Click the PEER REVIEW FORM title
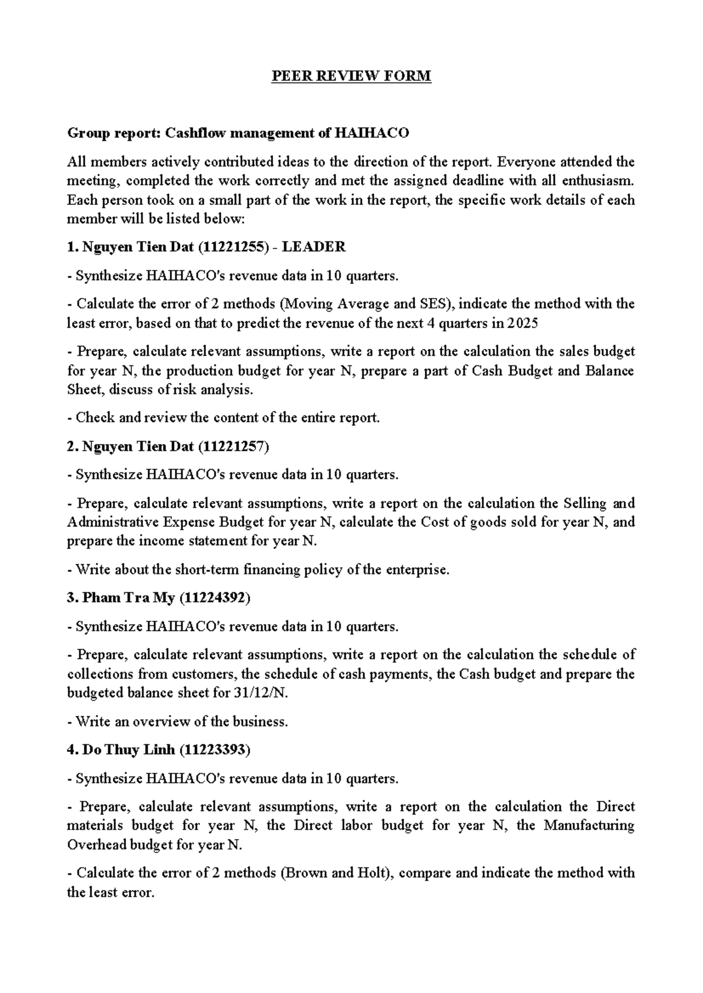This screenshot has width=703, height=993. [351, 76]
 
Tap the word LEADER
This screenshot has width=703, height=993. [314, 247]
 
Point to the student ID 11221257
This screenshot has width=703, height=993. [233, 447]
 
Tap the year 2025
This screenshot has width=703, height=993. [523, 323]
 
